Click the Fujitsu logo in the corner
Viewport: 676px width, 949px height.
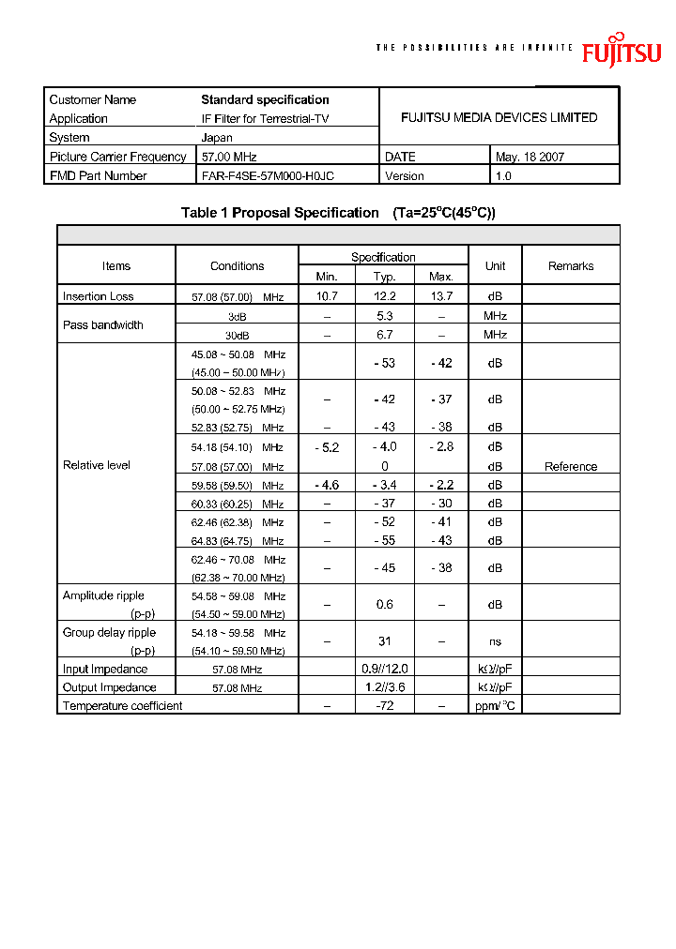click(621, 51)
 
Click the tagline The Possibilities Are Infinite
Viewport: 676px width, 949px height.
click(473, 48)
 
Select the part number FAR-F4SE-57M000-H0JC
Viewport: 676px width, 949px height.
click(268, 175)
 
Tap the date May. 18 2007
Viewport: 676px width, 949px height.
click(530, 157)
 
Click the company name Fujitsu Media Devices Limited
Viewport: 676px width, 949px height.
click(499, 117)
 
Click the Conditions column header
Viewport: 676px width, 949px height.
click(237, 266)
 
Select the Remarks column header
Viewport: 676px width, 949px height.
click(571, 266)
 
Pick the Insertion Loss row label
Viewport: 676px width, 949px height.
click(98, 296)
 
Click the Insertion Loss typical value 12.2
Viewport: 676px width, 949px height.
click(384, 296)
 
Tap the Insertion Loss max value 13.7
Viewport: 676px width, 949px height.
click(440, 296)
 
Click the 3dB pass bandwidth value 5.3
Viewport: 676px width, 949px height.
click(384, 316)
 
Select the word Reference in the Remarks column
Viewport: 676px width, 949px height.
click(571, 466)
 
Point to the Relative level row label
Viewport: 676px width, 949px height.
click(97, 465)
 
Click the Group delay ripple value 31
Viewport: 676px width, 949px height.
click(384, 641)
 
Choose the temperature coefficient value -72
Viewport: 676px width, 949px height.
click(384, 704)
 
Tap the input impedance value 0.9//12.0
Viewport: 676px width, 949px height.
click(384, 669)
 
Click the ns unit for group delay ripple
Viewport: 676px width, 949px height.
click(495, 641)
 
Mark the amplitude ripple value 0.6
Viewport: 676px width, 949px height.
click(384, 605)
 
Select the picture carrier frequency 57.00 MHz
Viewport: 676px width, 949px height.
click(229, 157)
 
